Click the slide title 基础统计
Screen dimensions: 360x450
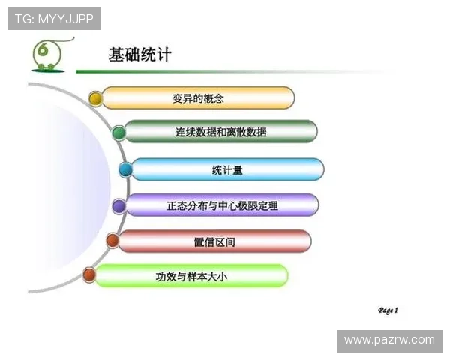(140, 55)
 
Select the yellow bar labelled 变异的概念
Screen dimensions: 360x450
(198, 97)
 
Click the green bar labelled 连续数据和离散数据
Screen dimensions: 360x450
(220, 132)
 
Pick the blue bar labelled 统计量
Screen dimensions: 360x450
(227, 169)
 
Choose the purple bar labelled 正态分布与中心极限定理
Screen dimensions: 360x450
(222, 205)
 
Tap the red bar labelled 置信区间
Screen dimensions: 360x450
(214, 241)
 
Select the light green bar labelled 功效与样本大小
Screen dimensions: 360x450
(191, 276)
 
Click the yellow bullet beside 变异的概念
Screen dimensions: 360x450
(95, 98)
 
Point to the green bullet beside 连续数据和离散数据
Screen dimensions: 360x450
(118, 133)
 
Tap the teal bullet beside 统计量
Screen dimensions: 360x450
(125, 170)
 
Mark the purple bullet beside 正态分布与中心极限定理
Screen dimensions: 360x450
(118, 205)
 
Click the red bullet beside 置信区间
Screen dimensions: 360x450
(112, 241)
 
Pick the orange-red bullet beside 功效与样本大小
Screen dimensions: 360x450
(88, 275)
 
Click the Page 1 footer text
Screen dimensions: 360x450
(388, 310)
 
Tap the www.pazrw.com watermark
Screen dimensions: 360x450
(389, 340)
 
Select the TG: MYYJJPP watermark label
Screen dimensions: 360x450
(54, 18)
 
